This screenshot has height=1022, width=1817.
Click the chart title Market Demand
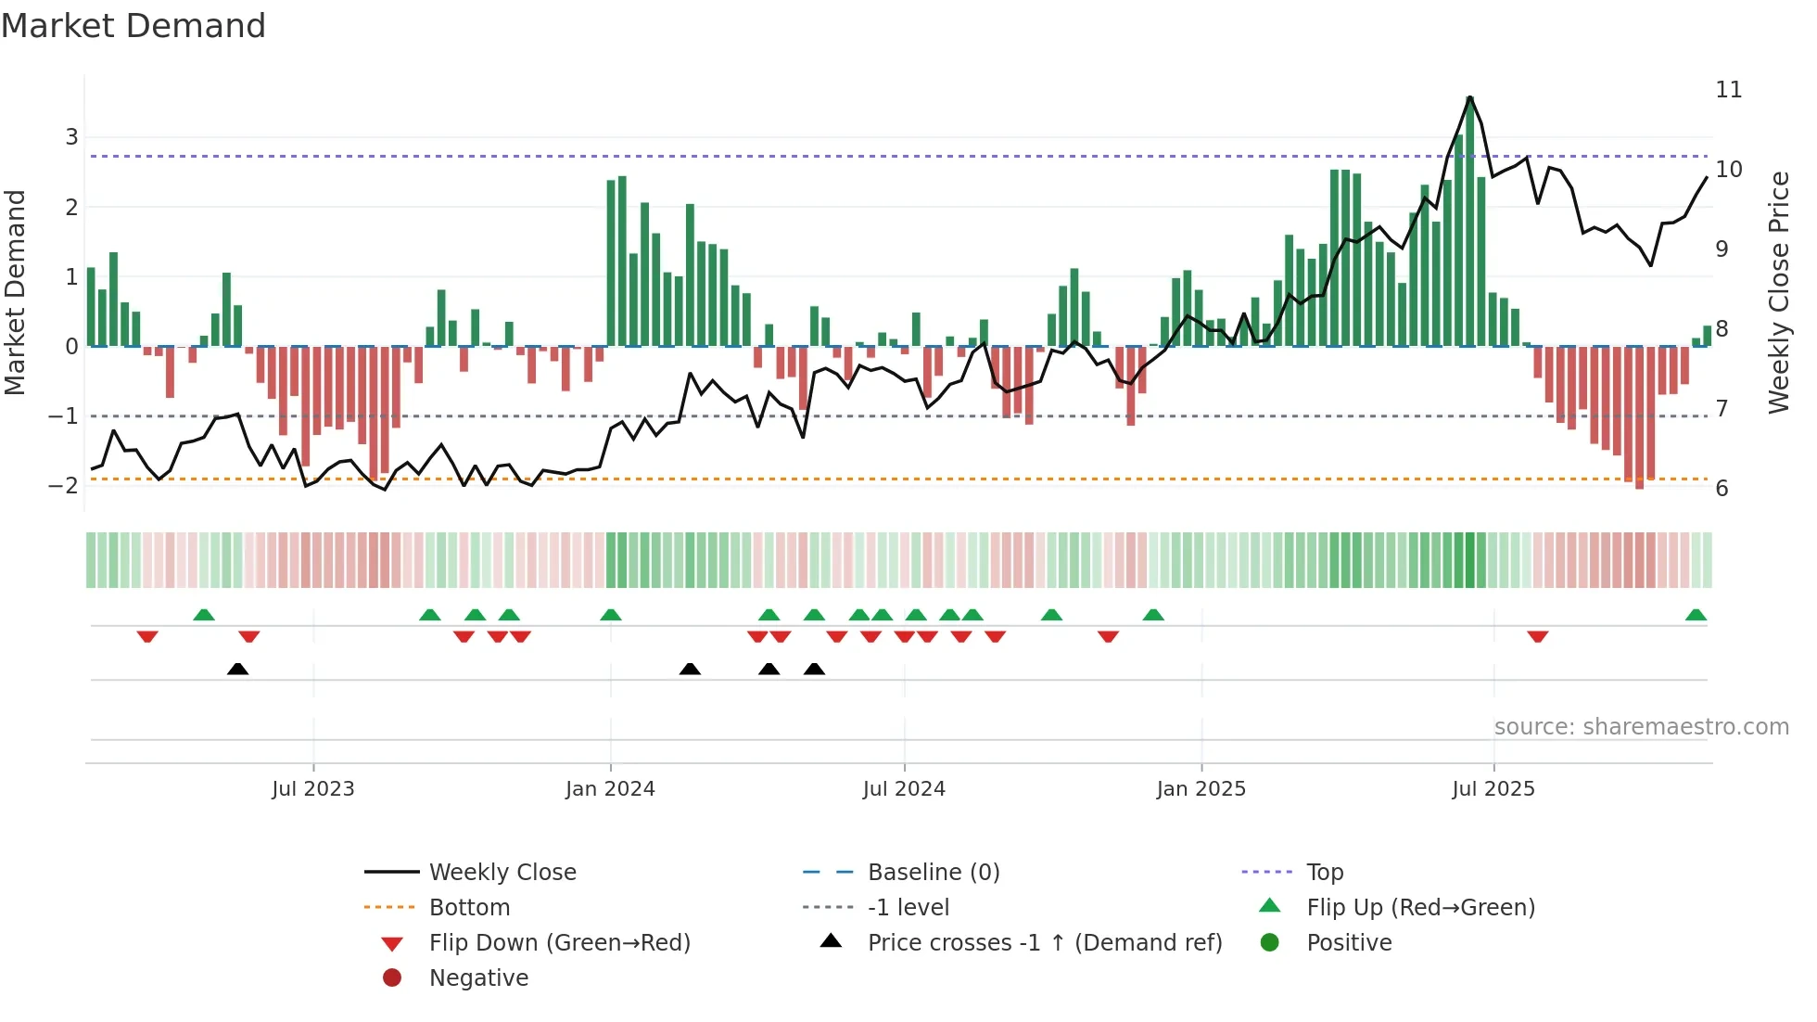coord(133,26)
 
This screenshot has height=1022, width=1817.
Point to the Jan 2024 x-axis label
coord(610,789)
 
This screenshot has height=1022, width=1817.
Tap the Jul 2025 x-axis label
coord(1493,789)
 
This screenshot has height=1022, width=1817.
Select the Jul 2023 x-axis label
coord(313,789)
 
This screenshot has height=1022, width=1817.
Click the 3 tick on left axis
coord(71,137)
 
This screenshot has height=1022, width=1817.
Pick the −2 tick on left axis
coord(64,486)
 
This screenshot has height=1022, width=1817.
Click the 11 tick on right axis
coord(1729,90)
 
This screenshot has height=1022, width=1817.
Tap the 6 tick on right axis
coord(1722,489)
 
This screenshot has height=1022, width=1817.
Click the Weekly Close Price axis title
coord(1778,292)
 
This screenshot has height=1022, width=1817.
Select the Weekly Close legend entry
coord(502,873)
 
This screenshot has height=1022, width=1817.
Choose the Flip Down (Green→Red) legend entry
coord(559,943)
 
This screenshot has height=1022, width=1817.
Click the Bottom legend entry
coord(469,908)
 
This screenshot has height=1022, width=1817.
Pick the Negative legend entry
coord(478,978)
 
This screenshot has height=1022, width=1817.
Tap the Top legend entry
coord(1325,873)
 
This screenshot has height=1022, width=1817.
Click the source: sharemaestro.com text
coord(1641,727)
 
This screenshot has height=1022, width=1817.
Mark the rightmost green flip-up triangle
coord(1696,615)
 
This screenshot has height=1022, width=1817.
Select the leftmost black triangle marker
coord(237,669)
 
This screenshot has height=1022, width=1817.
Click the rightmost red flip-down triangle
coord(1538,636)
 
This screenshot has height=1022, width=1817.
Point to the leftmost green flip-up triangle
coord(204,615)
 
